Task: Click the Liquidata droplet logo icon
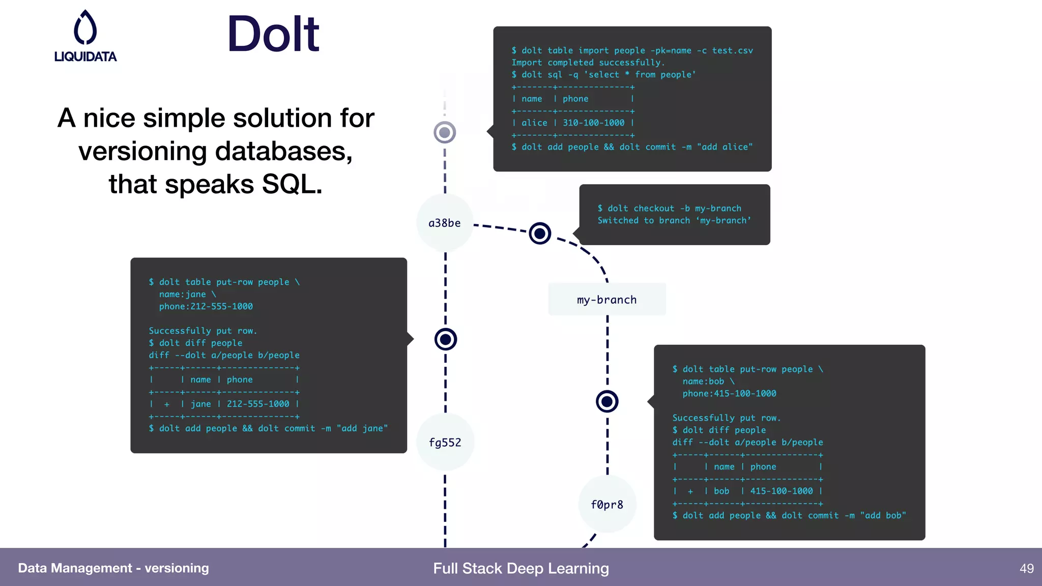tap(85, 27)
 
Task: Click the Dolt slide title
tap(273, 35)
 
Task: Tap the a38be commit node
tap(445, 223)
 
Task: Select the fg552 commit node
tap(445, 443)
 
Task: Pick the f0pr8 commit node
tap(607, 505)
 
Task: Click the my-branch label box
tap(607, 300)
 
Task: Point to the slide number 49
tap(1026, 568)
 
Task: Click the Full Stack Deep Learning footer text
tap(521, 568)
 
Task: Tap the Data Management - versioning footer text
tap(113, 568)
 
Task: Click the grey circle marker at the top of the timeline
tap(445, 133)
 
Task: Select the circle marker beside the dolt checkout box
tap(540, 233)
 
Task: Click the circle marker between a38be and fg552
tap(446, 339)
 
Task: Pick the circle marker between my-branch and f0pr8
tap(607, 402)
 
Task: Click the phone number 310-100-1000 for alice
tap(593, 123)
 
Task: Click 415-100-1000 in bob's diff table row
tap(781, 491)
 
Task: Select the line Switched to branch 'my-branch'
tap(674, 220)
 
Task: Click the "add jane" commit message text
tap(362, 428)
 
